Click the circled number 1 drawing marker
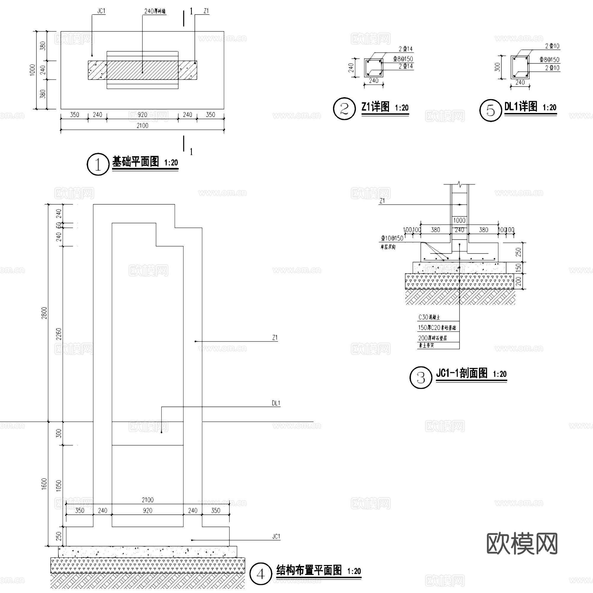(98, 165)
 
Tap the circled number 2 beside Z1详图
(344, 109)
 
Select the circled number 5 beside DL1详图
(490, 111)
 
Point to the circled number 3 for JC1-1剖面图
(420, 377)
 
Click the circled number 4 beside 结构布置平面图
(261, 574)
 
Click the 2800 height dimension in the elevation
(44, 313)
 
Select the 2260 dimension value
(59, 334)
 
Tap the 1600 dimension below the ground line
(44, 484)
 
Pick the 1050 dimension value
(59, 486)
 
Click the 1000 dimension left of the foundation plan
(33, 70)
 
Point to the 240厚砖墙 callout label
(155, 11)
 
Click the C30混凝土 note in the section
(429, 317)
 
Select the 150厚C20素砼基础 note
(437, 328)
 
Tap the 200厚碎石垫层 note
(433, 338)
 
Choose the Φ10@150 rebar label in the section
(392, 238)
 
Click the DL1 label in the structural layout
(276, 403)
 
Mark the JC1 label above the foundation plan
(101, 11)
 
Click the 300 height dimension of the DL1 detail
(497, 67)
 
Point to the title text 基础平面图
(136, 162)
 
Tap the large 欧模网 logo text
(522, 543)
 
